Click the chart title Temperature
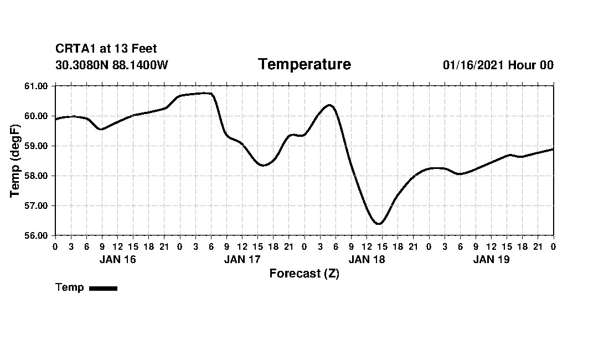click(x=304, y=65)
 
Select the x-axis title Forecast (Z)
click(x=304, y=274)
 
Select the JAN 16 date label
click(x=117, y=259)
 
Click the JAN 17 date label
click(x=242, y=259)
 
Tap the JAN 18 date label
click(x=367, y=259)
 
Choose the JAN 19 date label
click(x=491, y=259)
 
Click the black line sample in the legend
click(x=103, y=288)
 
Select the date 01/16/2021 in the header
click(x=473, y=65)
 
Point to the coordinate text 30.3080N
click(x=82, y=65)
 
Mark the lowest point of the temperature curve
click(x=379, y=224)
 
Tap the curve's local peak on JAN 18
click(x=329, y=105)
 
